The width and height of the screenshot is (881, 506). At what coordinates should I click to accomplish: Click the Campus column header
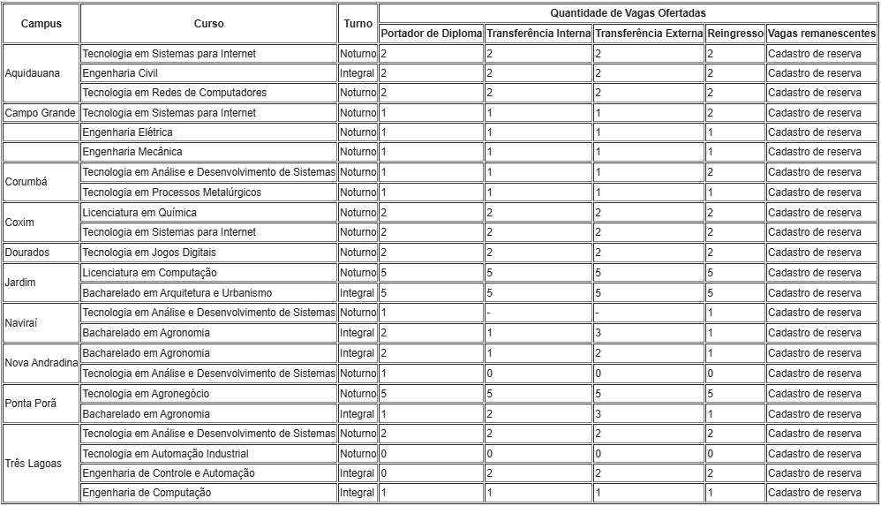pos(41,24)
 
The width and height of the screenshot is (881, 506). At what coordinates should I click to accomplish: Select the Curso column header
pos(208,24)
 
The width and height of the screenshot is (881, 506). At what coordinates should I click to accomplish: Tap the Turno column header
pos(358,24)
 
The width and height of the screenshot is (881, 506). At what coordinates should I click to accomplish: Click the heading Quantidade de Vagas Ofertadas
pos(628,13)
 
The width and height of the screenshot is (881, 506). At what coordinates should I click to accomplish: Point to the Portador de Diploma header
pos(432,34)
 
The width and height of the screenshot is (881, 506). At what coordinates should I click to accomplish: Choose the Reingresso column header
pos(734,34)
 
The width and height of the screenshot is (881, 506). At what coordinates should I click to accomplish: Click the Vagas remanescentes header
pos(821,34)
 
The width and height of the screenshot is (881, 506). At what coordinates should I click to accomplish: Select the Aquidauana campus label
pos(33,73)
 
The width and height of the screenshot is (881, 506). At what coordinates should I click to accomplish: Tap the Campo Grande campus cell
pos(41,113)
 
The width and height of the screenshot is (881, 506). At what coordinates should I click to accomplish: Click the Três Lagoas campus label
pos(34,464)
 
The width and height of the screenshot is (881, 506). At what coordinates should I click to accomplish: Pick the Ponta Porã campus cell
pos(31,404)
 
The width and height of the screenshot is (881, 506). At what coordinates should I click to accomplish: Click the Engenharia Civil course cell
pos(120,73)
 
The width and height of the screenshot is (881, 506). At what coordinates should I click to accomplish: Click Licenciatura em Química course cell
pos(139,213)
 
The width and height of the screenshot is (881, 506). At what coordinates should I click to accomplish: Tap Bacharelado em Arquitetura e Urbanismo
pos(177,292)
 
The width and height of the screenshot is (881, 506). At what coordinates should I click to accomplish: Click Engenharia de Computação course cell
pos(147,493)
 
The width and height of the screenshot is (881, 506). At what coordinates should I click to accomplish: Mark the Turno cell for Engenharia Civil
pos(358,73)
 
